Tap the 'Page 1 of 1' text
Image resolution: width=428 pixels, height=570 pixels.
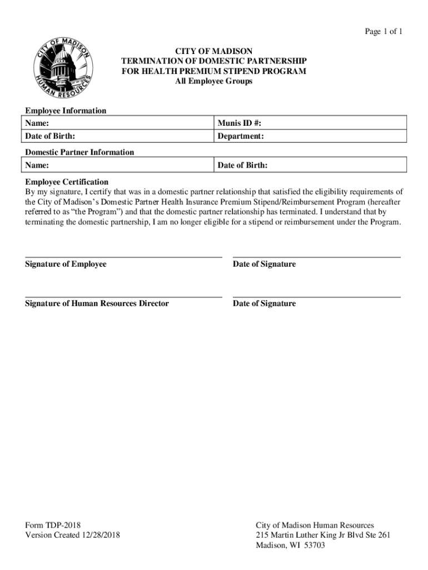point(383,32)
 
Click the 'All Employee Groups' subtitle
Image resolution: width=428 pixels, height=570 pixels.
point(213,81)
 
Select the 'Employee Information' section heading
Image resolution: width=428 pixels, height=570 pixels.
point(66,111)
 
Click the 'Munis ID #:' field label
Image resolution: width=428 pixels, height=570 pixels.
point(239,122)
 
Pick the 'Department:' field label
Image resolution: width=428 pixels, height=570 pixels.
point(241,136)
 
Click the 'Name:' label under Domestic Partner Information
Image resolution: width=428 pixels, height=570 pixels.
point(37,165)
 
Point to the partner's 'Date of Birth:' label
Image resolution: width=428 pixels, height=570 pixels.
point(242,165)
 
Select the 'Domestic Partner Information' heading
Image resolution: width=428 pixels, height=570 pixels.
point(79,152)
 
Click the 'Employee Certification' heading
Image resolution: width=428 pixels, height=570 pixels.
point(67,182)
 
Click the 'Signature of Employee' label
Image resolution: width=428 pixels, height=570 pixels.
point(66,264)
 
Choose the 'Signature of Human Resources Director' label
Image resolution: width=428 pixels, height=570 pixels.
point(97,303)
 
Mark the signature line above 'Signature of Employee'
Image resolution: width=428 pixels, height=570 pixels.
point(123,257)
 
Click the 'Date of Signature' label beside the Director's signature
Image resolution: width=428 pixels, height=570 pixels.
point(264,303)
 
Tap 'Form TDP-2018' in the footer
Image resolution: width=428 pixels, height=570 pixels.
point(53,525)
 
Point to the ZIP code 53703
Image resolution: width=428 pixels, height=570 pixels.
point(313,545)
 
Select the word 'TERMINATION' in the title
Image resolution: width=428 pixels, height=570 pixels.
point(152,61)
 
